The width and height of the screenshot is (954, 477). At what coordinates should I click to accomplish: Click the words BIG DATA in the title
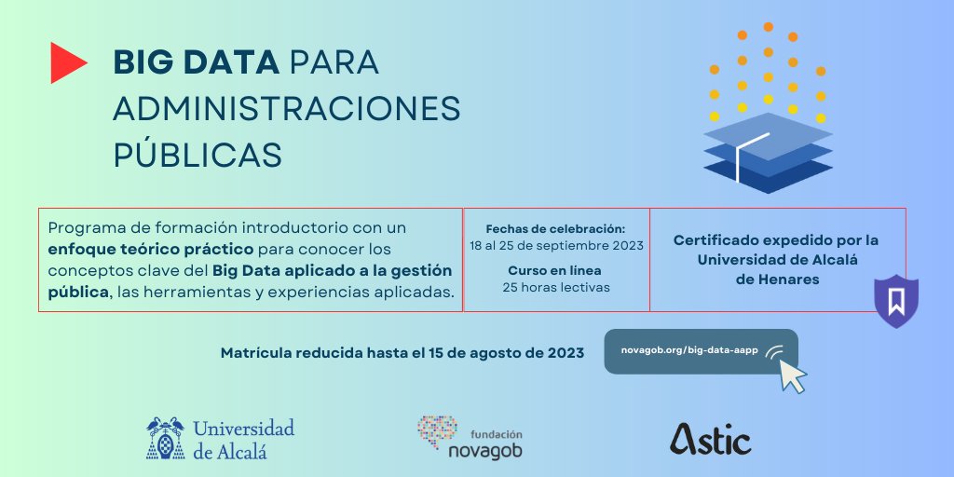point(196,62)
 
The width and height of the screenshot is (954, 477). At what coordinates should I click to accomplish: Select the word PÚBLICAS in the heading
point(197,155)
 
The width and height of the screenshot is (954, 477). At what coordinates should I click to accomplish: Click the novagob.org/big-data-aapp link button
point(689,350)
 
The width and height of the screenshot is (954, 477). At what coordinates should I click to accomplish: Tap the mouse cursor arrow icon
point(792,375)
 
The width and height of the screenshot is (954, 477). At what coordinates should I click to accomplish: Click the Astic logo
point(710,439)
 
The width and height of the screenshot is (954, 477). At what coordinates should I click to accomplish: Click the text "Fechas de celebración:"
point(555,228)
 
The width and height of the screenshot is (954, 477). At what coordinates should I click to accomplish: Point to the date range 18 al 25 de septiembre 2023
point(555,246)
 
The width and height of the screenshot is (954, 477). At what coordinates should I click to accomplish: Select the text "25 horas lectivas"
point(555,287)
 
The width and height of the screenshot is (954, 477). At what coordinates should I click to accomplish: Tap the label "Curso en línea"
point(555,270)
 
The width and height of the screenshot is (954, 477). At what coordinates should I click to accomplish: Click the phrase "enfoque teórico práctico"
point(151,250)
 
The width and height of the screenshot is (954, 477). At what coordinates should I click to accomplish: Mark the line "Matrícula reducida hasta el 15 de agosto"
point(402,353)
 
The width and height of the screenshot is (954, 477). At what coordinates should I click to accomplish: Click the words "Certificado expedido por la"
point(776,240)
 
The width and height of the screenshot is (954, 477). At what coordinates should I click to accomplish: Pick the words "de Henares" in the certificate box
point(777,279)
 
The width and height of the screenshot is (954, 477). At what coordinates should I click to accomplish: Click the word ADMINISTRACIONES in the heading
point(287,108)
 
